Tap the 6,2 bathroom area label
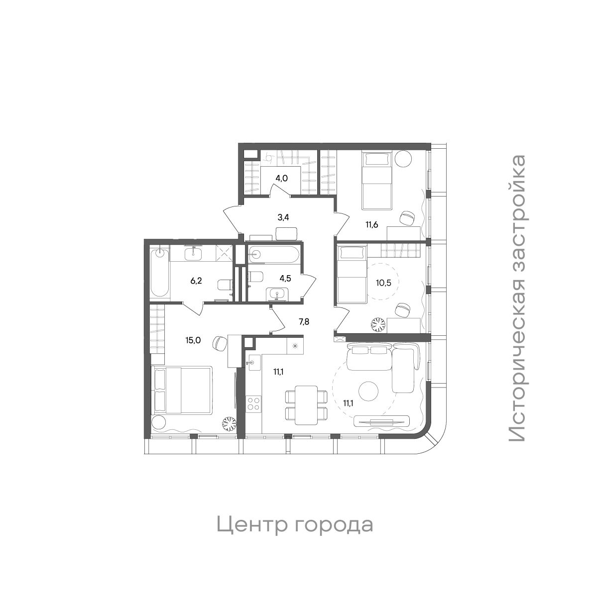tap(197, 281)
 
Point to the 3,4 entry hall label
tap(284, 217)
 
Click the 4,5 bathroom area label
tap(285, 278)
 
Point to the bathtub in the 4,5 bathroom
tap(274, 254)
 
